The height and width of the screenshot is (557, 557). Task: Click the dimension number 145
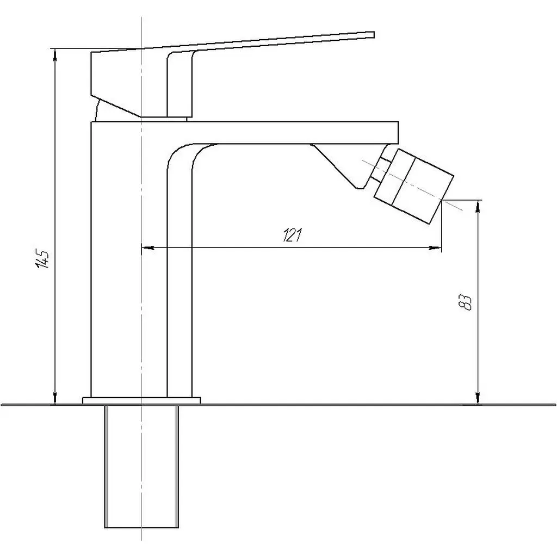click(44, 259)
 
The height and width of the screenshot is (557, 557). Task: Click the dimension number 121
click(292, 235)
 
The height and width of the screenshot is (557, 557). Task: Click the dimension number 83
click(466, 302)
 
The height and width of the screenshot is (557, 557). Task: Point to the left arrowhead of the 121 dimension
click(148, 247)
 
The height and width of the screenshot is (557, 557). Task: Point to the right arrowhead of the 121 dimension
click(435, 247)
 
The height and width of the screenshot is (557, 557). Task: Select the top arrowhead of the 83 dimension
click(478, 206)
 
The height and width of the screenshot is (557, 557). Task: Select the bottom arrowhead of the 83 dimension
click(478, 398)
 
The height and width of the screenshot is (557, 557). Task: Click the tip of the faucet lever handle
click(374, 34)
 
